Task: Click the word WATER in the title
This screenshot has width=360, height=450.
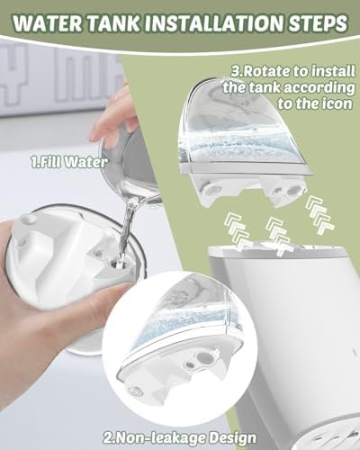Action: (x=47, y=22)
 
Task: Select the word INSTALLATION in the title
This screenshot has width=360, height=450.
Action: (x=214, y=22)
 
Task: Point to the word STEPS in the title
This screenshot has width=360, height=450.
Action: (x=318, y=22)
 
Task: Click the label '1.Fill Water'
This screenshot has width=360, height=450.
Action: (x=69, y=162)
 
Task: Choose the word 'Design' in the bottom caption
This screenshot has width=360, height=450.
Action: (x=232, y=438)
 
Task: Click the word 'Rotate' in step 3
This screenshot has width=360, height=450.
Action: (x=262, y=72)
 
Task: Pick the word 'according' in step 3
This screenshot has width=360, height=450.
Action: (x=319, y=88)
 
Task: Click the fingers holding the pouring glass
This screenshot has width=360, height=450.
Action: (x=112, y=120)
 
